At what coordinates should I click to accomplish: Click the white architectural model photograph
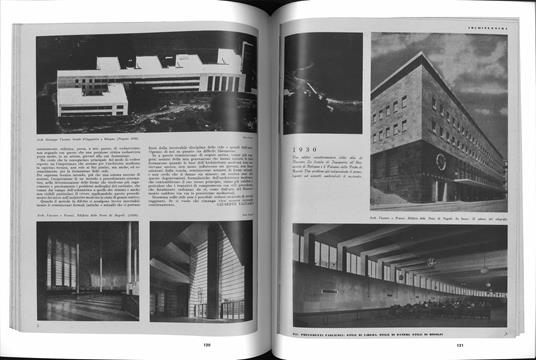coord(148,81)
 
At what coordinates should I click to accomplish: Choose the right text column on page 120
coord(204,176)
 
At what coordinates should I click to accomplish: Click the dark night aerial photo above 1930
coord(322,84)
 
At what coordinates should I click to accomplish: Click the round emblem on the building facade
coord(441,161)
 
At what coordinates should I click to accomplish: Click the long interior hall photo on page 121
coord(399,273)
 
